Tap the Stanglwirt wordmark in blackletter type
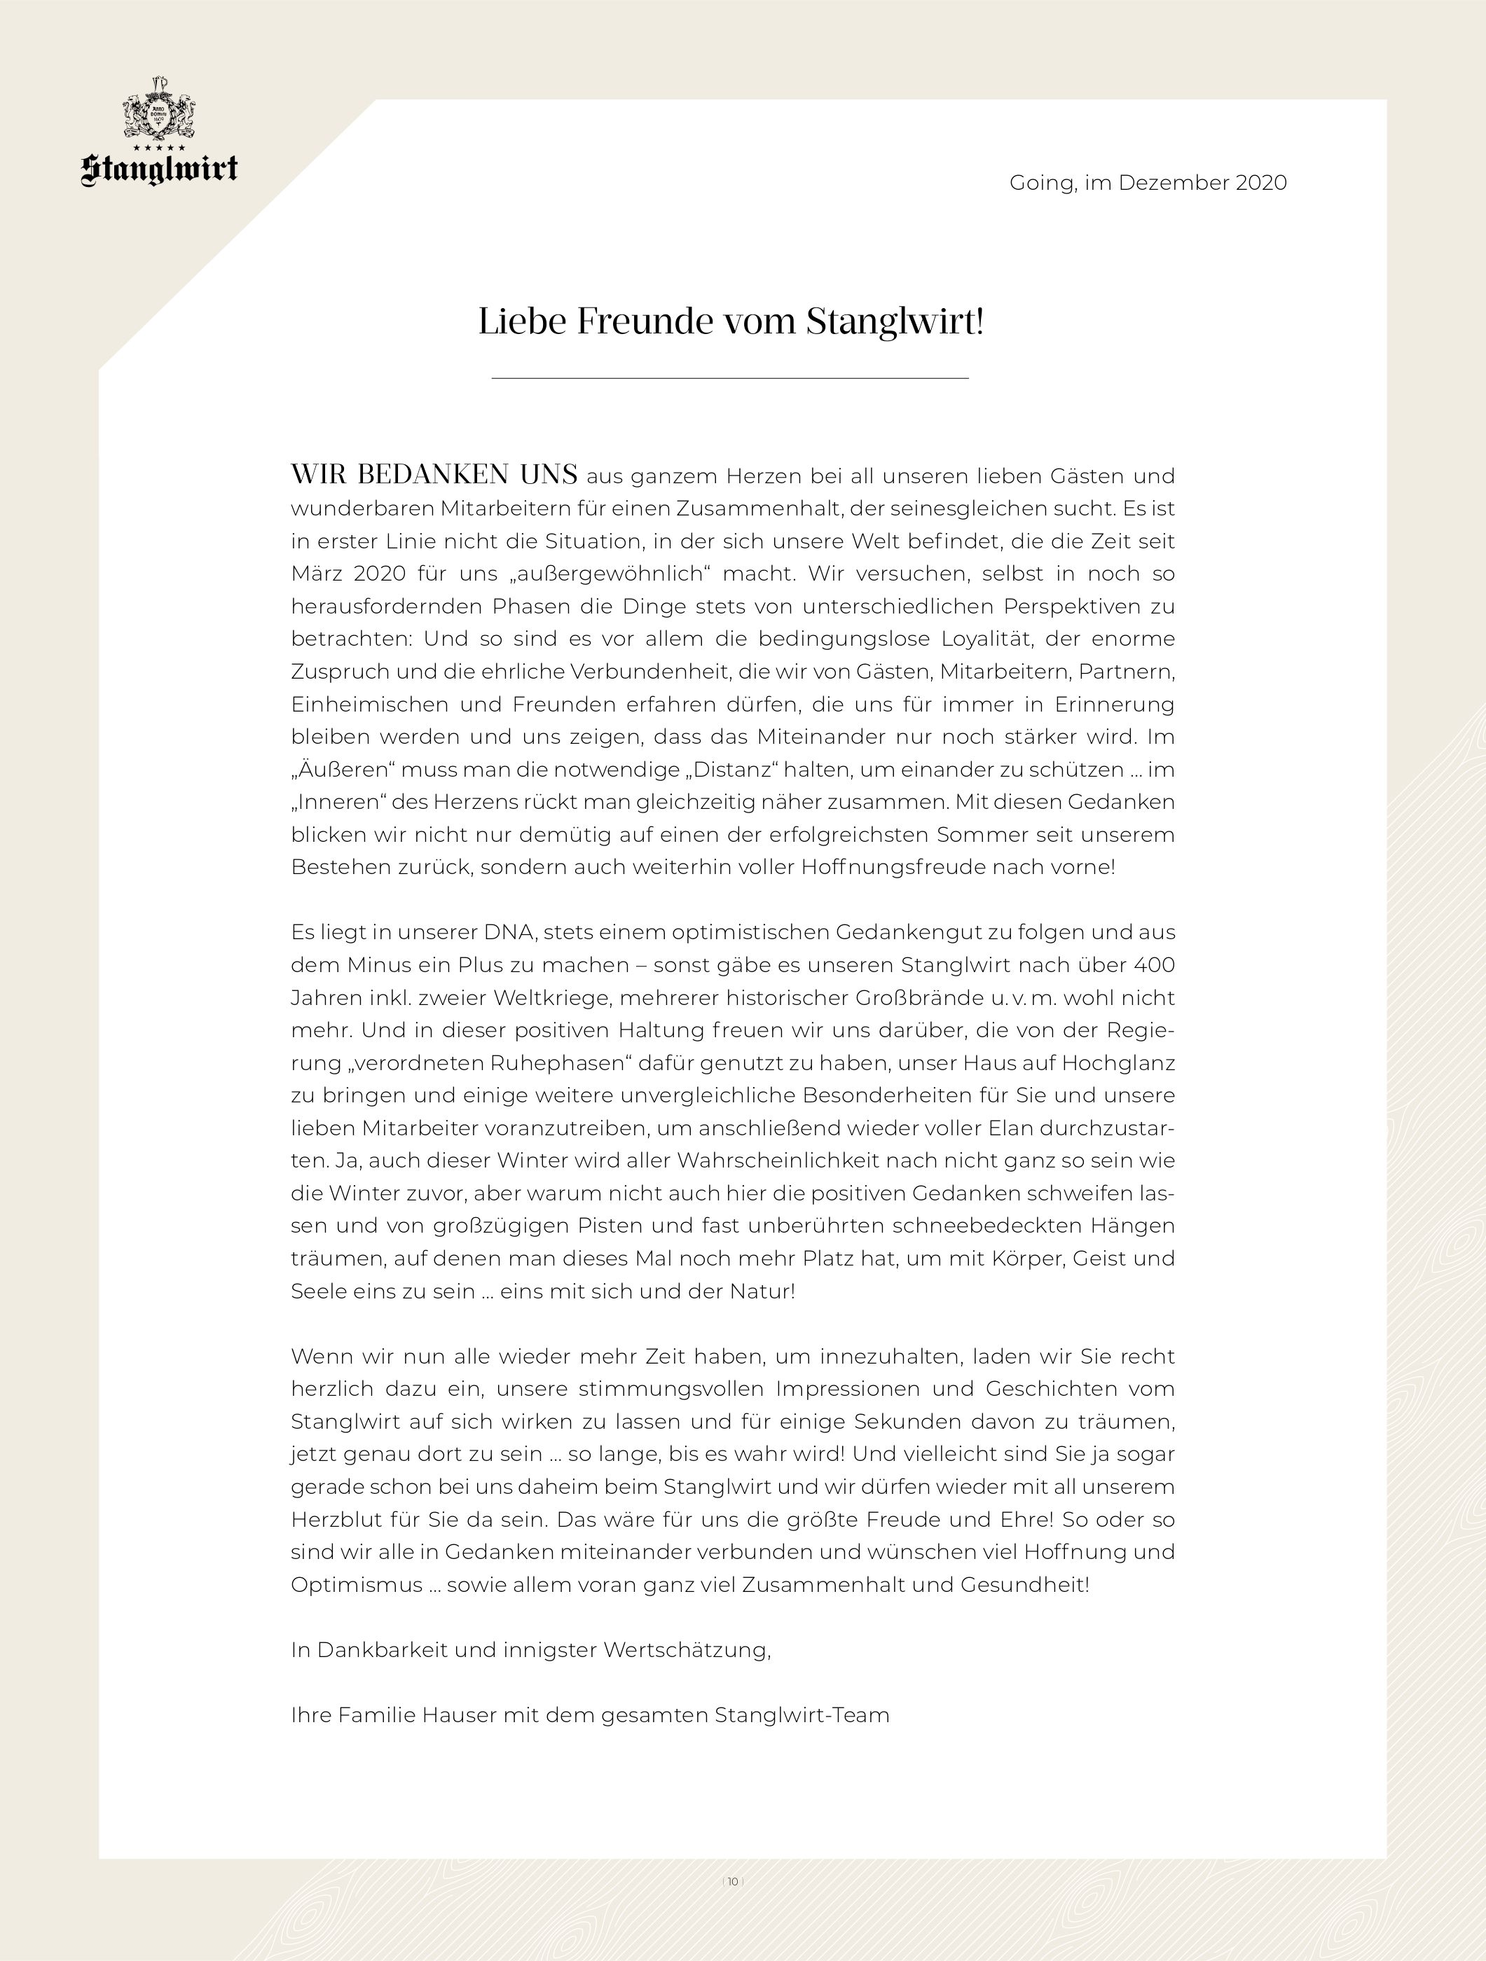160,169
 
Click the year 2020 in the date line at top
1261,183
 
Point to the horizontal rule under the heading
730,379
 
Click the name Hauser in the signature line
458,1714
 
